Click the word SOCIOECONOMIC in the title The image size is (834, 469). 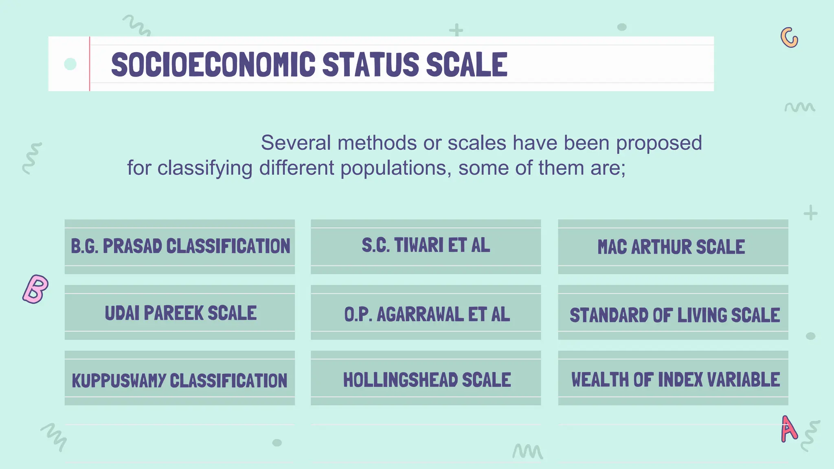[x=213, y=64]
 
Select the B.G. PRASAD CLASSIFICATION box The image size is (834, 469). [x=180, y=247]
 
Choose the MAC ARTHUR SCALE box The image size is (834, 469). [x=673, y=247]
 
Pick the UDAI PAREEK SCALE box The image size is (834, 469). [x=180, y=313]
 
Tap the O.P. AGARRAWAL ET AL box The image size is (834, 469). [x=426, y=313]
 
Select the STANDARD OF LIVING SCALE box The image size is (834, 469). [x=673, y=314]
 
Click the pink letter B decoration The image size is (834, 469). [x=35, y=289]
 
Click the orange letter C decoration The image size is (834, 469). [x=789, y=38]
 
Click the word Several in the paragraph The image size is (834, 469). [x=296, y=143]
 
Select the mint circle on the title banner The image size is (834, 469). [x=70, y=64]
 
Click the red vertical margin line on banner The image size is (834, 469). [x=90, y=64]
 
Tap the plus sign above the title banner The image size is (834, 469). [x=456, y=30]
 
